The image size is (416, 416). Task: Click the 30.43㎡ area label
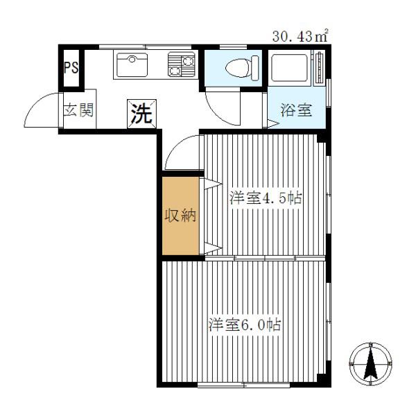click(300, 36)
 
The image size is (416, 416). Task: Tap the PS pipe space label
click(71, 67)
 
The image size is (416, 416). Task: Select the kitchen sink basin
click(132, 64)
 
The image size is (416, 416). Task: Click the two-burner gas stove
click(182, 64)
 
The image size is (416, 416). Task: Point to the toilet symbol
click(242, 68)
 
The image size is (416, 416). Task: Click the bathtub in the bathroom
click(289, 68)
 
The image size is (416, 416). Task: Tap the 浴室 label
click(296, 110)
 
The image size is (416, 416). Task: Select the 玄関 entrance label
click(79, 110)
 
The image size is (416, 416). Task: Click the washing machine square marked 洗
click(142, 114)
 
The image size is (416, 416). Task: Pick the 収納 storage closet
click(181, 216)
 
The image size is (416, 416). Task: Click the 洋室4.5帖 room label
click(266, 198)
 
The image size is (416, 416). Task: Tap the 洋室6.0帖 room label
click(245, 324)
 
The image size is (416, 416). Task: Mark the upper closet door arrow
click(213, 184)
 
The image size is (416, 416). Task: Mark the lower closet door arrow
click(213, 248)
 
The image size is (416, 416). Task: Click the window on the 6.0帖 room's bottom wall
click(244, 384)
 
